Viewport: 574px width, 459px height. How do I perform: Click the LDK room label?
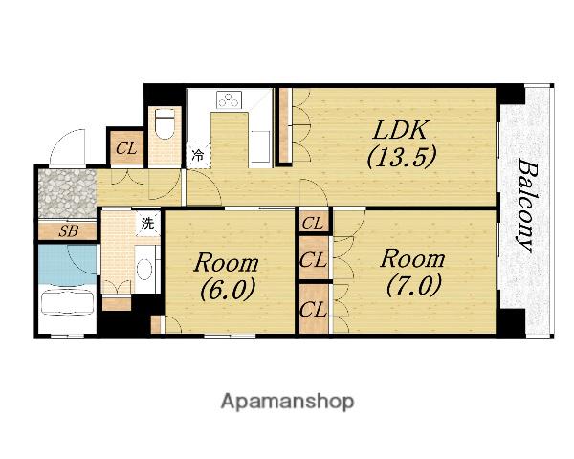(400, 130)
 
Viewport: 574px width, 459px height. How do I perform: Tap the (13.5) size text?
(402, 156)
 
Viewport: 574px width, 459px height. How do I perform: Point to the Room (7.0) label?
(413, 272)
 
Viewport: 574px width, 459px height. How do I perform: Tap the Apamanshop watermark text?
(287, 402)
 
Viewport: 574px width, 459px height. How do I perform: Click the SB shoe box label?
(69, 231)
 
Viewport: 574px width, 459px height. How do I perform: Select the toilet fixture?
(166, 123)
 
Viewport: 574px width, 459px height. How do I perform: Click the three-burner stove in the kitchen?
(230, 99)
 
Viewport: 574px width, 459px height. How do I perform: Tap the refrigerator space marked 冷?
(198, 155)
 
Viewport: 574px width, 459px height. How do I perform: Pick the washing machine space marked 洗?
(148, 223)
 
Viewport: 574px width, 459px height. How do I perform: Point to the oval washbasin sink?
(145, 269)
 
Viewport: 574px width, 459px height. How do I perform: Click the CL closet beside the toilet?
(127, 148)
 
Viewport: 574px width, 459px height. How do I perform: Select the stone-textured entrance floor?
(66, 193)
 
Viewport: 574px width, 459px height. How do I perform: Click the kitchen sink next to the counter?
(260, 146)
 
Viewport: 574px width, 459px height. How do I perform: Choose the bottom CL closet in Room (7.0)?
(313, 310)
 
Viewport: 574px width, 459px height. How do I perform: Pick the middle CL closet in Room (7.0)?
(313, 259)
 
